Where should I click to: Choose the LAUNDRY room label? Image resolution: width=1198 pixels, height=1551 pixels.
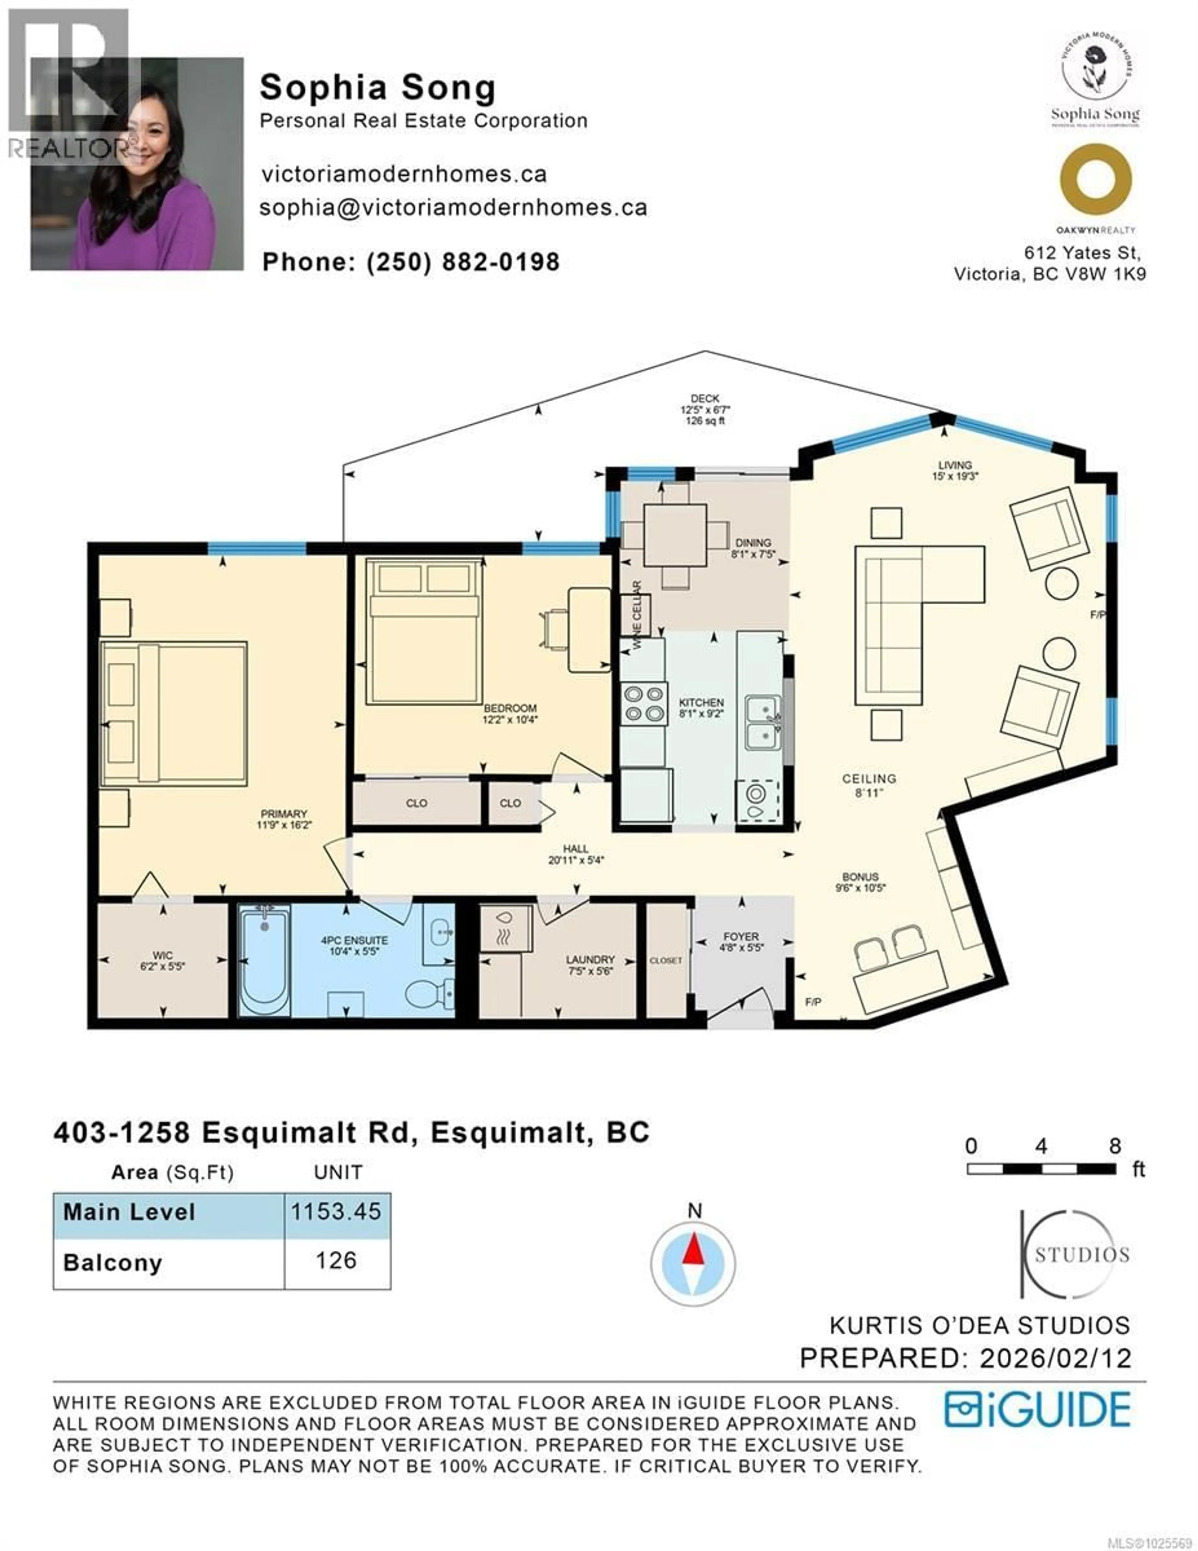(590, 959)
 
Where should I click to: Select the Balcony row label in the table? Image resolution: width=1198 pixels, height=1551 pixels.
(113, 1263)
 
